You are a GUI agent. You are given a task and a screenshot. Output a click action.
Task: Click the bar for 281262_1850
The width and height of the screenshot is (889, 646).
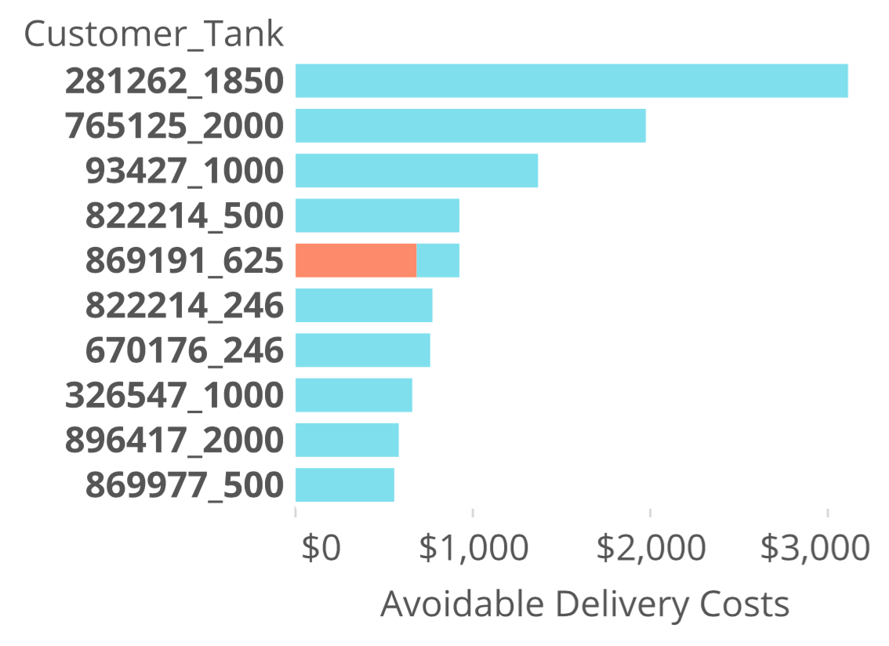point(571,81)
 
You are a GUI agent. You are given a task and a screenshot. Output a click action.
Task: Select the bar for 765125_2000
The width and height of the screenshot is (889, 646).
point(470,125)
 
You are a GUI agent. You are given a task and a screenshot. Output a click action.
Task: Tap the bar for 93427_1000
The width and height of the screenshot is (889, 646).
point(416,170)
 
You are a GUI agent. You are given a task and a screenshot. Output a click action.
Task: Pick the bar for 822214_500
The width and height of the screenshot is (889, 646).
point(377,216)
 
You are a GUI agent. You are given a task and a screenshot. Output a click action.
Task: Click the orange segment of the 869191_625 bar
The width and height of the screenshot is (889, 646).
point(356,260)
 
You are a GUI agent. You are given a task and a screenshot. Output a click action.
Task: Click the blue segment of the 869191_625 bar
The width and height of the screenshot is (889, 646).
point(437,260)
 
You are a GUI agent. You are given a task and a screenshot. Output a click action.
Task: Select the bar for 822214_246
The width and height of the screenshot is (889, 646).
point(364,305)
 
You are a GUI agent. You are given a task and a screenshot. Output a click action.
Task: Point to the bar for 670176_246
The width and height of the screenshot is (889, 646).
point(362,350)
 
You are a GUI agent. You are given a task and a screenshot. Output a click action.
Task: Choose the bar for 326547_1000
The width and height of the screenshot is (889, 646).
point(354,394)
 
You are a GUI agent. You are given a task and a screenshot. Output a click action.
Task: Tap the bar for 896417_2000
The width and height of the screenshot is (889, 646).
point(347,440)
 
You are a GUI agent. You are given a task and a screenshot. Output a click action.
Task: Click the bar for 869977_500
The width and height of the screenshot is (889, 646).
point(344,484)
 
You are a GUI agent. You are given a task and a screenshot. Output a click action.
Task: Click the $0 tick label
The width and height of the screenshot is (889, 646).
point(321,548)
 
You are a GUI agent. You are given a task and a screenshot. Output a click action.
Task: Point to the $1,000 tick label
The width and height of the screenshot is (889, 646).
point(474,548)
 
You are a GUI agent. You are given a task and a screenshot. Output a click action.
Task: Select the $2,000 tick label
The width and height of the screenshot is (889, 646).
point(651,548)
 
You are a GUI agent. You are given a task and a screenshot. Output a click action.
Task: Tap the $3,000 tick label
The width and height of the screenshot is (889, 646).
point(815,548)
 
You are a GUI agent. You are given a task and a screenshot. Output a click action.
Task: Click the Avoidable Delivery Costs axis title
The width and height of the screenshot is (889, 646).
point(584,604)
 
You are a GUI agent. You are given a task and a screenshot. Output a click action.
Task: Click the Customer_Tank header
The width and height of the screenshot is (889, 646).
point(154,34)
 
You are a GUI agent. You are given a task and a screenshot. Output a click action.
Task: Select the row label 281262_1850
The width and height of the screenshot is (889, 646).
point(173,82)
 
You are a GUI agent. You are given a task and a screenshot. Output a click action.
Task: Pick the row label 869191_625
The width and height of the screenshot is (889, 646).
point(183,260)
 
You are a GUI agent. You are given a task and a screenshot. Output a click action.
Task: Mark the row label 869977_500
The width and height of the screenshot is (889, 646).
point(183,485)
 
